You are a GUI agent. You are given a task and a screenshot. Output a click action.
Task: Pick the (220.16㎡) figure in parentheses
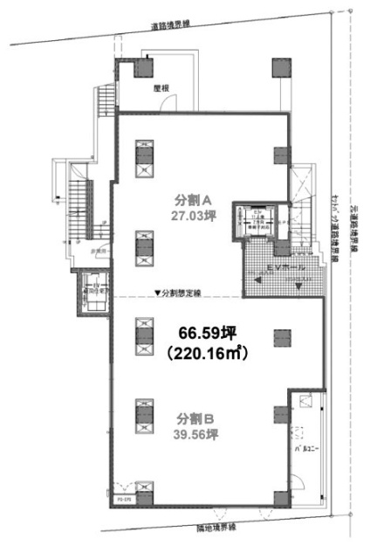tap(203, 354)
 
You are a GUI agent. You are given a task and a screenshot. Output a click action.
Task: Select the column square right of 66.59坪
tap(281, 335)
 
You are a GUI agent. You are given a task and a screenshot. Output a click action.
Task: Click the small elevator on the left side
tap(92, 293)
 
